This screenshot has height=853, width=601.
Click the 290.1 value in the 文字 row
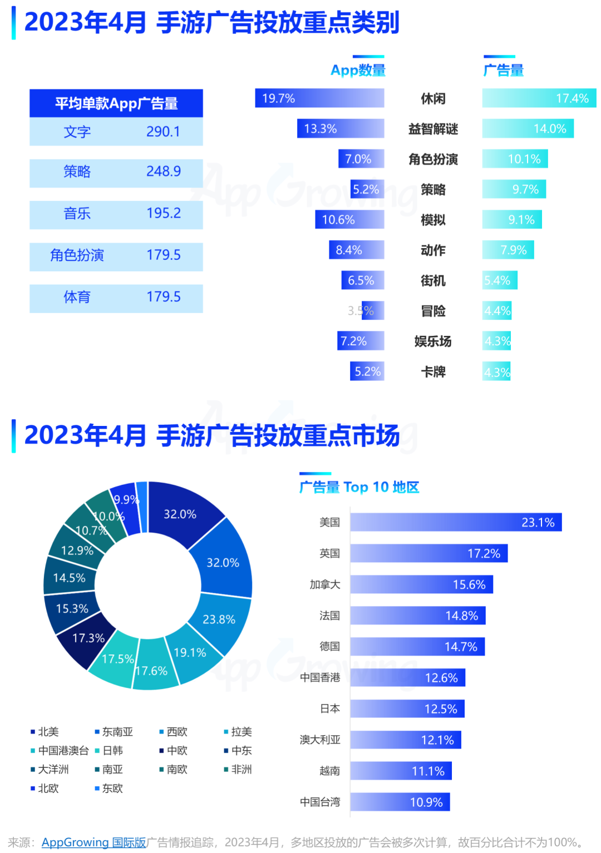tap(163, 132)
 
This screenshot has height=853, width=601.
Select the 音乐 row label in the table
tap(77, 214)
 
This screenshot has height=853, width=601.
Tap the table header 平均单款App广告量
tap(116, 103)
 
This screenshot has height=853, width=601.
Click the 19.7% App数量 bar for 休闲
tap(319, 98)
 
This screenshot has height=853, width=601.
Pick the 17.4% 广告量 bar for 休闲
tap(539, 98)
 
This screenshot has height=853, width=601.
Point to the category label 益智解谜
tap(433, 129)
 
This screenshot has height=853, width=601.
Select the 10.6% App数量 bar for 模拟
tap(349, 220)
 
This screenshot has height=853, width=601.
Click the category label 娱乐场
tap(433, 341)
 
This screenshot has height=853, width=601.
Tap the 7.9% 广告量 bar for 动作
tap(508, 250)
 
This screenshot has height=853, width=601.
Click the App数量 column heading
tap(358, 71)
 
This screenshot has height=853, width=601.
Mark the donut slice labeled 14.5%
tap(68, 578)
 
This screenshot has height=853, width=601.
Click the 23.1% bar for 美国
tap(456, 522)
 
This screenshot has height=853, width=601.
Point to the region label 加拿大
tap(325, 584)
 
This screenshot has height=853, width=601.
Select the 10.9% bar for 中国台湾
tap(400, 802)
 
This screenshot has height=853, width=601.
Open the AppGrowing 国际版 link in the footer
tap(93, 842)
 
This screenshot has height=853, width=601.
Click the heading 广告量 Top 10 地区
tap(359, 488)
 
